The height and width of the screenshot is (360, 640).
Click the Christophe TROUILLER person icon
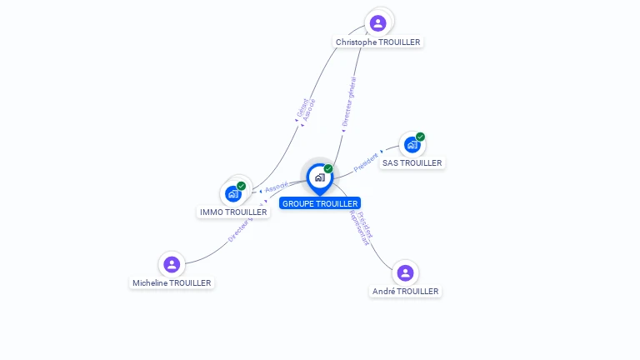tap(378, 22)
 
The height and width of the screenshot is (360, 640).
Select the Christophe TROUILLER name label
tap(378, 42)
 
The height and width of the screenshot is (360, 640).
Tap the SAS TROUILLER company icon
tap(412, 145)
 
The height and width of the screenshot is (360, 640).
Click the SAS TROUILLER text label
tap(412, 163)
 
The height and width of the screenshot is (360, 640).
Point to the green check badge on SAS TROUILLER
tap(421, 137)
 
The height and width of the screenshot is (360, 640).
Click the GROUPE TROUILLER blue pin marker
tap(319, 177)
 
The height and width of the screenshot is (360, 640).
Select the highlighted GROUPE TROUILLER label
tap(320, 203)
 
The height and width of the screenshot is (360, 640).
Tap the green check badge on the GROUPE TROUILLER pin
tap(328, 169)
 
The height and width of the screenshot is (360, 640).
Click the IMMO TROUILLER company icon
tap(233, 193)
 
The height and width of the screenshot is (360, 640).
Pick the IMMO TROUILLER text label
tap(234, 212)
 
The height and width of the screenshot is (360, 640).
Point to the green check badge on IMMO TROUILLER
tap(242, 186)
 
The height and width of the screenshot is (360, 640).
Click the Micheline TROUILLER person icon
tap(172, 264)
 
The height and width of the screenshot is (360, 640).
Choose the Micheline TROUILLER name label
tap(172, 283)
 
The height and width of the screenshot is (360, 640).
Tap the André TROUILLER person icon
tap(405, 272)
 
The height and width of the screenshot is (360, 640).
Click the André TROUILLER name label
tap(405, 292)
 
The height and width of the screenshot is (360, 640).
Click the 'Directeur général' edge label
tap(349, 102)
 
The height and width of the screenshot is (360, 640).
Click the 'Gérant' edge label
tap(301, 108)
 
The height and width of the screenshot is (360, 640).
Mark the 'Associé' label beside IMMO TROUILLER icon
tap(276, 187)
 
